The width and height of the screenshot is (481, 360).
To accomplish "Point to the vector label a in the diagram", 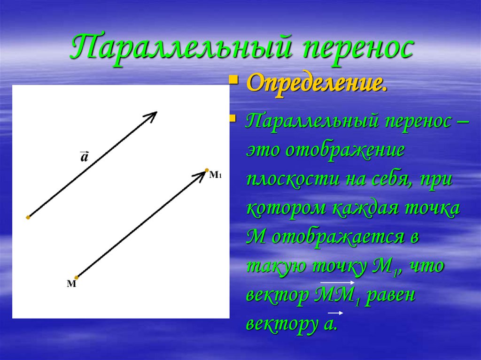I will tap(84, 157).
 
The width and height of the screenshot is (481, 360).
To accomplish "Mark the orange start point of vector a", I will tap(28, 217).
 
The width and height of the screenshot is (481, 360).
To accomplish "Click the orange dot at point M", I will tap(77, 277).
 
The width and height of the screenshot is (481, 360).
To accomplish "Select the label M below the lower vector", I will tap(71, 284).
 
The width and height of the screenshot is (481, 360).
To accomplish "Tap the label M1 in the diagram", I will tap(215, 175).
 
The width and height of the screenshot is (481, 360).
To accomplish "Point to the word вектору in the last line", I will tap(275, 325).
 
